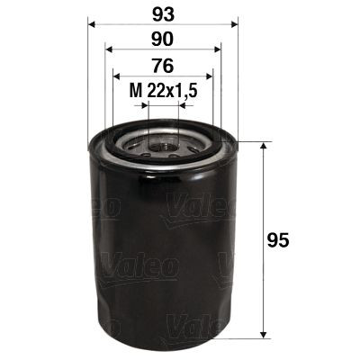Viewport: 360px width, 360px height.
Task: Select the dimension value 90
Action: point(163,41)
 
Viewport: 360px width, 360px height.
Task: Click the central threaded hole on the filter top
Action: point(163,140)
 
